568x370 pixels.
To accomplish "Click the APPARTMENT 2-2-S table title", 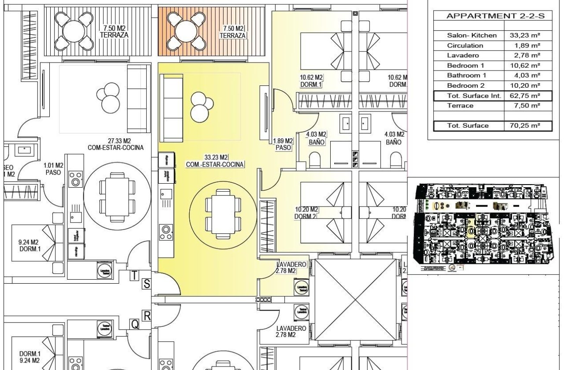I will (x=495, y=16).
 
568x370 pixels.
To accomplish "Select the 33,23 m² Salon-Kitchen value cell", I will (x=527, y=36).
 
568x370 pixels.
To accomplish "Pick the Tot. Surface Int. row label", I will (x=468, y=96).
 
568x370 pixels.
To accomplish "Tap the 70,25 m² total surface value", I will (x=527, y=126).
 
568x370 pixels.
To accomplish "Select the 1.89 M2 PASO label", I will (x=283, y=144).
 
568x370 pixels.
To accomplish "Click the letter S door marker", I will (x=147, y=284).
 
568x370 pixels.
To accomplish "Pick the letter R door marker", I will (x=147, y=316).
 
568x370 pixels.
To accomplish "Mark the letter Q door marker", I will (x=135, y=324).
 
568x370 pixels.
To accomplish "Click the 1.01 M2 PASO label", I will (x=54, y=169).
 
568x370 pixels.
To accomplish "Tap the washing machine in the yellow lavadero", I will (x=302, y=289).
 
